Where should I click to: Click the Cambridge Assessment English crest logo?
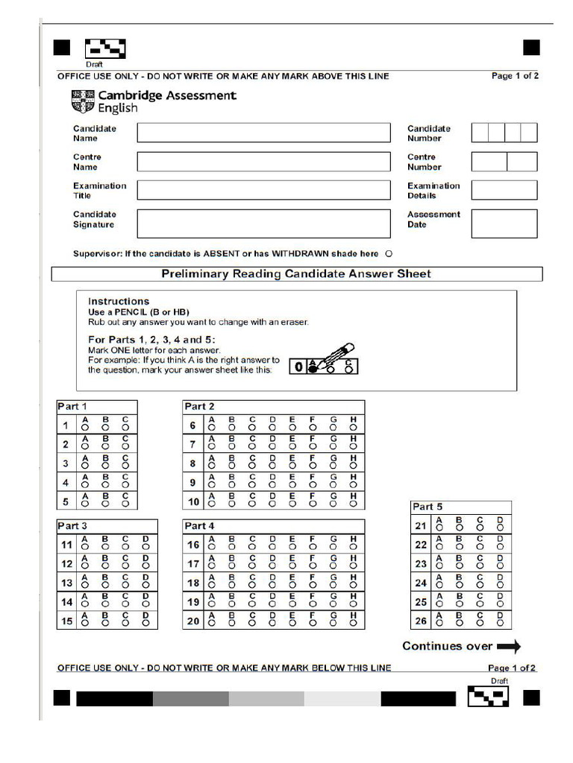coord(83,101)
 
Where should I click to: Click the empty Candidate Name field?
coord(263,133)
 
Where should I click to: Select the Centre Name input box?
coord(263,162)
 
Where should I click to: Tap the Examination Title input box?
coord(263,190)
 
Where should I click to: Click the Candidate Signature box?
coord(263,224)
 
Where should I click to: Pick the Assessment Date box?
coord(504,224)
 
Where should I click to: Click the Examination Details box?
coord(504,190)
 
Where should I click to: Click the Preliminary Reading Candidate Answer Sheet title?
coord(296,273)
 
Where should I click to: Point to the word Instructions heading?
coord(119,301)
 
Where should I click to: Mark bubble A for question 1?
coord(85,428)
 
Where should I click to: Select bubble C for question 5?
coord(125,504)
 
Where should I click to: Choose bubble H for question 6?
coord(353,428)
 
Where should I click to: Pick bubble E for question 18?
coord(292,585)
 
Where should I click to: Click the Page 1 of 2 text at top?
coord(515,76)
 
